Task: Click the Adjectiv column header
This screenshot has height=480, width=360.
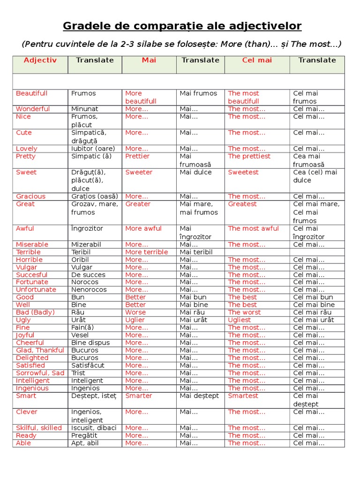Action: pyautogui.click(x=40, y=60)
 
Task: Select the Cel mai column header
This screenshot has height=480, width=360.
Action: pyautogui.click(x=257, y=60)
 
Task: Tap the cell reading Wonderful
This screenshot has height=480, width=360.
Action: pyautogui.click(x=33, y=109)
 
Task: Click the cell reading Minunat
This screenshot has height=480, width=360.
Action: pyautogui.click(x=85, y=109)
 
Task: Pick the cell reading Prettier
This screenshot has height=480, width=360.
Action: pyautogui.click(x=137, y=156)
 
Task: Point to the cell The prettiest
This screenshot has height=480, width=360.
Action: pyautogui.click(x=249, y=156)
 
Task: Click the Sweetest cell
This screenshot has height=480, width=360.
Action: pyautogui.click(x=243, y=172)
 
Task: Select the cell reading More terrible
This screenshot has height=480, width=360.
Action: pyautogui.click(x=146, y=252)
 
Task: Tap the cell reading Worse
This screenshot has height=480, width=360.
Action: pyautogui.click(x=135, y=312)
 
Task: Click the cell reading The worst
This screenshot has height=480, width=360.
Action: pyautogui.click(x=244, y=312)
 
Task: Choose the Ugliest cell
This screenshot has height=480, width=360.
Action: pyautogui.click(x=240, y=320)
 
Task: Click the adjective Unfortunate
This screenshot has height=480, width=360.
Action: pyautogui.click(x=36, y=290)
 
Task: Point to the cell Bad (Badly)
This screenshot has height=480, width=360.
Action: pyautogui.click(x=35, y=312)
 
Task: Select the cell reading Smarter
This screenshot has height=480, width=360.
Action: pyautogui.click(x=139, y=396)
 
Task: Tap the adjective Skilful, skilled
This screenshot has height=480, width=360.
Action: pyautogui.click(x=39, y=428)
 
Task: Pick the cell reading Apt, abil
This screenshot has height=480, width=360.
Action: pyautogui.click(x=85, y=443)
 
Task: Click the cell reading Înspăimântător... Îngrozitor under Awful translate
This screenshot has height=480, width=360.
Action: pyautogui.click(x=87, y=229)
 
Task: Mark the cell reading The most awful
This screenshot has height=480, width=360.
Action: pyautogui.click(x=253, y=229)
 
